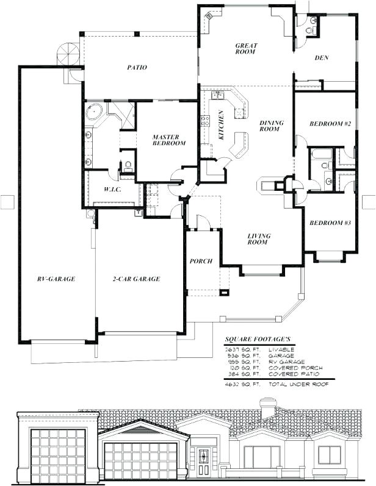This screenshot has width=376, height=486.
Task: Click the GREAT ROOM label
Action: pyautogui.click(x=246, y=49)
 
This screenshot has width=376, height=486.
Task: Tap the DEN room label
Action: pyautogui.click(x=322, y=59)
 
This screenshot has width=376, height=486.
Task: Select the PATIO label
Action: pyautogui.click(x=137, y=68)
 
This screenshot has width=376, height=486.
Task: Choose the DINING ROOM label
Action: pyautogui.click(x=269, y=126)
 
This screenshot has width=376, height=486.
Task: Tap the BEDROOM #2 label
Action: pyautogui.click(x=330, y=124)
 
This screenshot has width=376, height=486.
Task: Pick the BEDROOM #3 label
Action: pyautogui.click(x=330, y=223)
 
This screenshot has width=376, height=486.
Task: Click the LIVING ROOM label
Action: pyautogui.click(x=259, y=239)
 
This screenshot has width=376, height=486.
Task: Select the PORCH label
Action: pyautogui.click(x=201, y=261)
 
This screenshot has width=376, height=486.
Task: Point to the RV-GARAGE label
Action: pyautogui.click(x=56, y=279)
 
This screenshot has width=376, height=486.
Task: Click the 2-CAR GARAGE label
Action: pyautogui.click(x=137, y=279)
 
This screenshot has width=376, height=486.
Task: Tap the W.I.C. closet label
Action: pyautogui.click(x=111, y=189)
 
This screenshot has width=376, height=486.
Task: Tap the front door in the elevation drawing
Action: pyautogui.click(x=201, y=457)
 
